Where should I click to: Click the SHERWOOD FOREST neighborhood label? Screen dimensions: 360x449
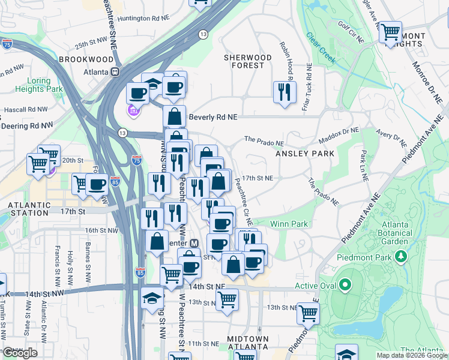(248, 61)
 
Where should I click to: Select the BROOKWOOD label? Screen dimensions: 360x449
(86, 59)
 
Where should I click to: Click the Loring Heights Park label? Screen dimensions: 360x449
(45, 85)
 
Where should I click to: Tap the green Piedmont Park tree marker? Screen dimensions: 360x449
(400, 257)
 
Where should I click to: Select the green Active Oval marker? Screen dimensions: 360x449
(345, 285)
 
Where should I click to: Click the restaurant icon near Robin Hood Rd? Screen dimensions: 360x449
(283, 92)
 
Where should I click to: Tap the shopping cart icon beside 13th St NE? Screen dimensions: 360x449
(308, 312)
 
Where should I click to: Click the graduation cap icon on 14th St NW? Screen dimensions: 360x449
(152, 298)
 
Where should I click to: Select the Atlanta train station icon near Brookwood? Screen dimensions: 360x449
(115, 71)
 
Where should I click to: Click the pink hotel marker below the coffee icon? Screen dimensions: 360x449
(133, 111)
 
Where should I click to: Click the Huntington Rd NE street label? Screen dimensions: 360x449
(142, 19)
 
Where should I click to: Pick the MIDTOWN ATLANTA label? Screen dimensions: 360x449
(247, 343)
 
